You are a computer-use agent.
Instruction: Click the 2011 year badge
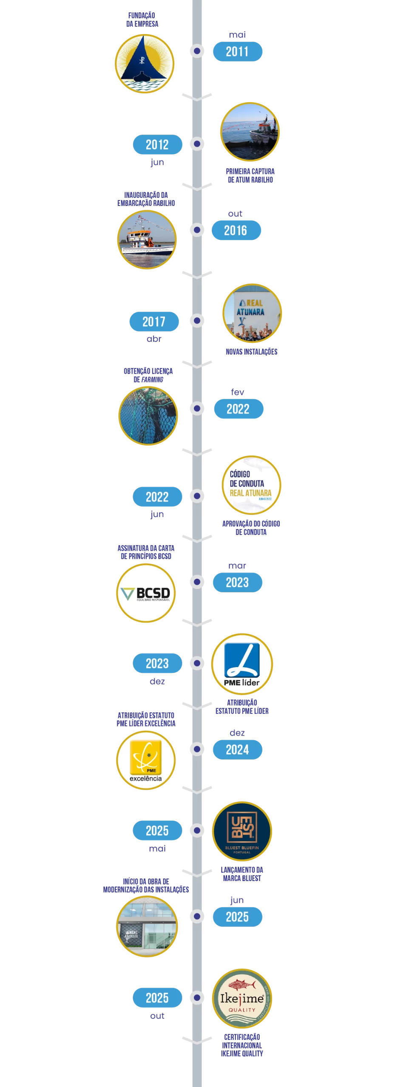237,51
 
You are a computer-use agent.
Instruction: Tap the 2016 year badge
236,230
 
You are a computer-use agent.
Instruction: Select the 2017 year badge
154,321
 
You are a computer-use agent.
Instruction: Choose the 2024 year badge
237,749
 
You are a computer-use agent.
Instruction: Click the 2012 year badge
157,144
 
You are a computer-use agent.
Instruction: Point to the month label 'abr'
154,339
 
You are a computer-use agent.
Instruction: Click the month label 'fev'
237,392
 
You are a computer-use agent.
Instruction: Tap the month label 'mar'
237,566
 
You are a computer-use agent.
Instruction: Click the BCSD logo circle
145,593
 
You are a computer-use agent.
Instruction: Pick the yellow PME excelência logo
145,760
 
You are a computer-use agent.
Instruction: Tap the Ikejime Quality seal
242,998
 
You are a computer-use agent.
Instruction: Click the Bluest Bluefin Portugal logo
242,831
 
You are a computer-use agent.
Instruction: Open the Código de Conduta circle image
251,485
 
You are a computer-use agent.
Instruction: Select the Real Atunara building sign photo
252,313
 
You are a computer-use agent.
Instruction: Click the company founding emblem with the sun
145,64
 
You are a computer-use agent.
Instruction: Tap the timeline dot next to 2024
197,749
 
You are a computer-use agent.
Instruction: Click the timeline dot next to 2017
197,321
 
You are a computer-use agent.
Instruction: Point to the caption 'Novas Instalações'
251,352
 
